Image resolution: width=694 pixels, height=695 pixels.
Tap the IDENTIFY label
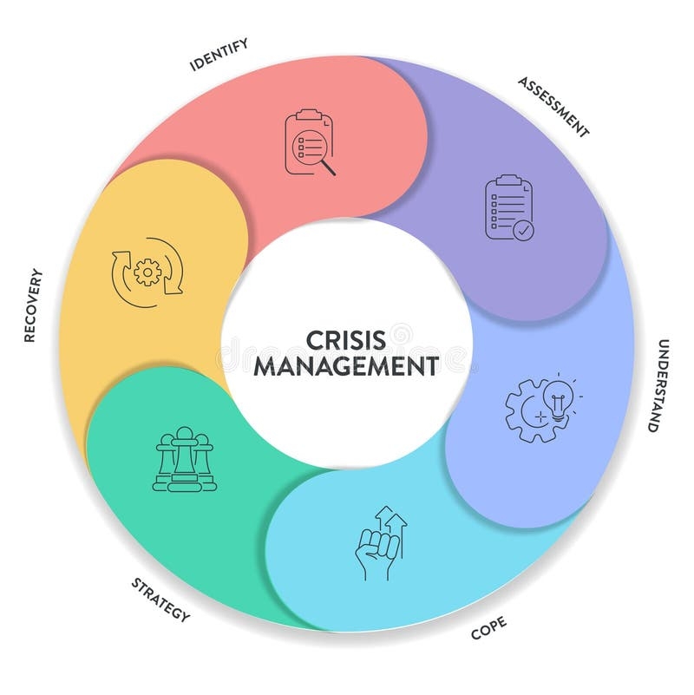tap(219, 53)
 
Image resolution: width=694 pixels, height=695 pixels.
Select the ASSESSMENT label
tap(554, 107)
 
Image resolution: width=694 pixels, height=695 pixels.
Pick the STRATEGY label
tap(160, 599)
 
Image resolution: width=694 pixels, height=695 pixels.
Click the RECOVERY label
tap(34, 305)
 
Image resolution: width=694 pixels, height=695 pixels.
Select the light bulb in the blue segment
tap(557, 400)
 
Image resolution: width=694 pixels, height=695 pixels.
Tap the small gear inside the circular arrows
tap(148, 272)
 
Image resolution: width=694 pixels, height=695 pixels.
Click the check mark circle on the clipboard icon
tap(523, 229)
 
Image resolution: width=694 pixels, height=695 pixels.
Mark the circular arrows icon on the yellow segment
tap(147, 272)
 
